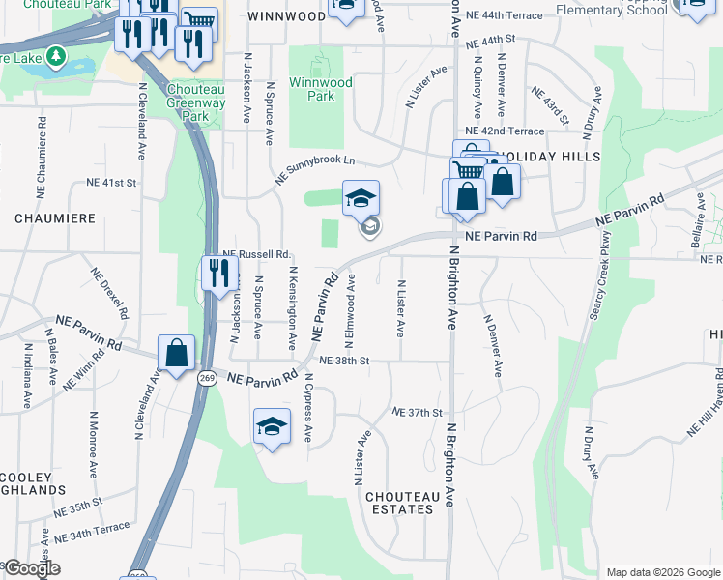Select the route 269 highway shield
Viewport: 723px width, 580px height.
pos(206,375)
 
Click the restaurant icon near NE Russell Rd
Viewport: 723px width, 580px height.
pos(220,273)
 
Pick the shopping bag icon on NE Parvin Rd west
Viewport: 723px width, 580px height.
pos(176,353)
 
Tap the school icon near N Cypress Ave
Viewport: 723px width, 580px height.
pos(272,426)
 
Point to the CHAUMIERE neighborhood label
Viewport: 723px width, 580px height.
pos(55,218)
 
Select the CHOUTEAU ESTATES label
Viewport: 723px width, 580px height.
pos(398,503)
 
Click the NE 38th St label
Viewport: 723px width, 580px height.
pos(345,361)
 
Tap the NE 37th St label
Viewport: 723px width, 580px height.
pos(417,412)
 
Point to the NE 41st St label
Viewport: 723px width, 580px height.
pos(112,182)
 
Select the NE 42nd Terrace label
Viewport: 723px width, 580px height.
pos(505,130)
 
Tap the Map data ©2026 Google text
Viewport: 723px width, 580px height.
pos(662,572)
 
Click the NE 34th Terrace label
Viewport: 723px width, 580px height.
pos(92,531)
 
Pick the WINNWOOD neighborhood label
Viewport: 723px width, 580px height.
pos(286,16)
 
